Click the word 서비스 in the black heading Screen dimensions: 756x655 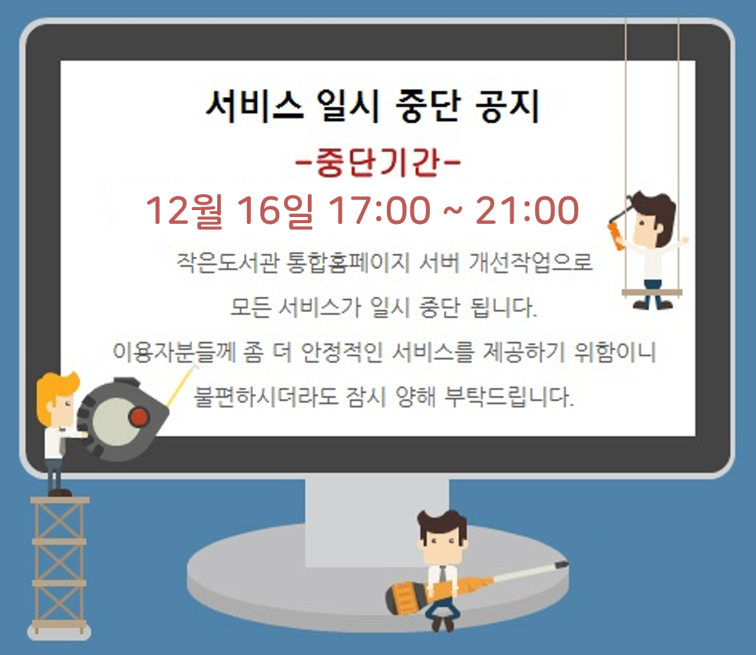(x=255, y=106)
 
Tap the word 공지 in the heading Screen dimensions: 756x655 (x=507, y=106)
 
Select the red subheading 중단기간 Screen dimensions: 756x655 (x=378, y=163)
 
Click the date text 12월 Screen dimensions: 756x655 (x=184, y=210)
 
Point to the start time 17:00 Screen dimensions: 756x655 (x=379, y=210)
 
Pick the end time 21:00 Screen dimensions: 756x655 (x=527, y=210)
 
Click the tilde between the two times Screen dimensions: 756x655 (x=452, y=210)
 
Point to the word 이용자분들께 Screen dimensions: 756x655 (x=173, y=352)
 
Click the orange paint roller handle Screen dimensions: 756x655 (x=616, y=237)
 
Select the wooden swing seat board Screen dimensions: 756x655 (x=652, y=293)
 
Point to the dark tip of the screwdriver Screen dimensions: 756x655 (x=562, y=564)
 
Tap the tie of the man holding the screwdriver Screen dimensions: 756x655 (x=442, y=574)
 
